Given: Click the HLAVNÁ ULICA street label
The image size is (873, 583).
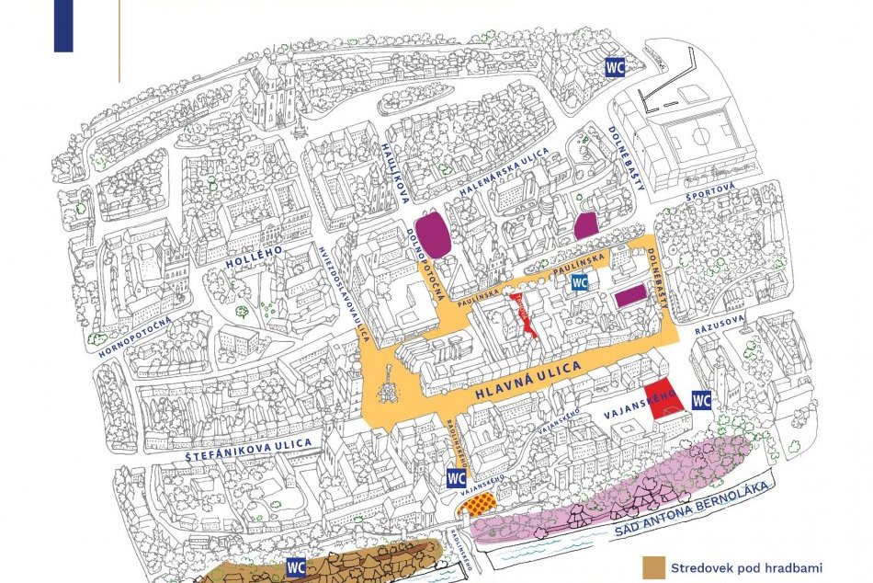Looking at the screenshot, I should pyautogui.click(x=527, y=381).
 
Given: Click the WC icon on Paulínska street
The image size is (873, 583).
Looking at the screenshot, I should pyautogui.click(x=579, y=283).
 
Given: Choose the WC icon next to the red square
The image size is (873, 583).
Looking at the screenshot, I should pyautogui.click(x=701, y=400).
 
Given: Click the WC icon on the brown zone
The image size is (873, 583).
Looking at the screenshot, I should pyautogui.click(x=296, y=566).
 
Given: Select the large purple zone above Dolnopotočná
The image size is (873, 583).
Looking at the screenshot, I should pyautogui.click(x=432, y=235).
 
